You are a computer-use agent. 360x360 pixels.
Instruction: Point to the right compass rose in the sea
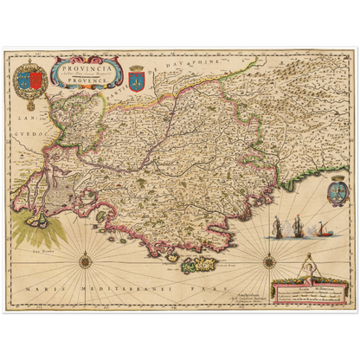(269, 259)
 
